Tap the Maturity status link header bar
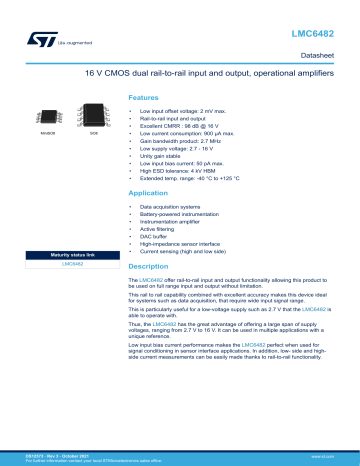(x=71, y=256)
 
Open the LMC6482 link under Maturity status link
(x=71, y=264)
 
